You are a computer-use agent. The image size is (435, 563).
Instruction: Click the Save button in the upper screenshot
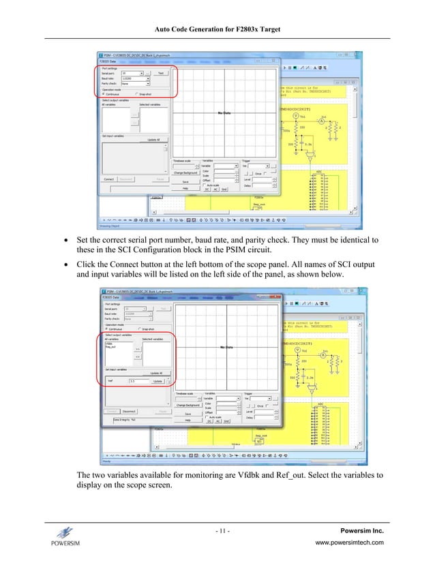pyautogui.click(x=185, y=182)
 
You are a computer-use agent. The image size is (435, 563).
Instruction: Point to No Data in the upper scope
pyautogui.click(x=224, y=112)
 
